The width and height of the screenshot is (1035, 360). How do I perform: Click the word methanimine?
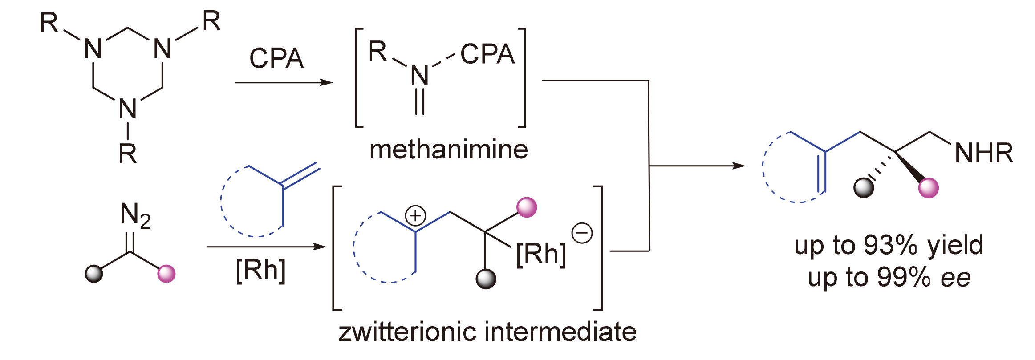(x=448, y=150)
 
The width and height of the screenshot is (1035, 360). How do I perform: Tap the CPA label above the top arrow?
(x=276, y=58)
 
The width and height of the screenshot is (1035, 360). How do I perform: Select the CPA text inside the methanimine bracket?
(x=487, y=54)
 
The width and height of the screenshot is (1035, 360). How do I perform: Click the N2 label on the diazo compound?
(x=135, y=215)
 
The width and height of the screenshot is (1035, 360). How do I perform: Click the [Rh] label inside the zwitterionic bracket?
(x=541, y=254)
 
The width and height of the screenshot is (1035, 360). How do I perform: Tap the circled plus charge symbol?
(x=415, y=216)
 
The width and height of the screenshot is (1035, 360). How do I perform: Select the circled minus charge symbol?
(x=582, y=233)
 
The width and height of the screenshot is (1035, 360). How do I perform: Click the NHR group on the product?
(x=984, y=153)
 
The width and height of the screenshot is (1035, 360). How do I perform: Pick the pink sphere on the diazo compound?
(x=166, y=274)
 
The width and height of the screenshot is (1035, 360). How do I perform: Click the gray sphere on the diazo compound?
(x=94, y=274)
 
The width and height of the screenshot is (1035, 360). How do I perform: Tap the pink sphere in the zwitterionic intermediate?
(x=527, y=207)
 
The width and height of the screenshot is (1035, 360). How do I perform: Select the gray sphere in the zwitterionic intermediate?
(x=486, y=279)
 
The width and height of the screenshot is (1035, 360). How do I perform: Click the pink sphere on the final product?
(x=929, y=187)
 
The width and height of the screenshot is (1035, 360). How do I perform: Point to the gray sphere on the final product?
(x=864, y=187)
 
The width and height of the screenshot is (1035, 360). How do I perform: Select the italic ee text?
(x=956, y=278)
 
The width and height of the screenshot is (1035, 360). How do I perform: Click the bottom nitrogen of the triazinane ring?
(x=128, y=109)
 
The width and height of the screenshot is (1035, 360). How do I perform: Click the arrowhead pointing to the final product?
(x=739, y=166)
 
